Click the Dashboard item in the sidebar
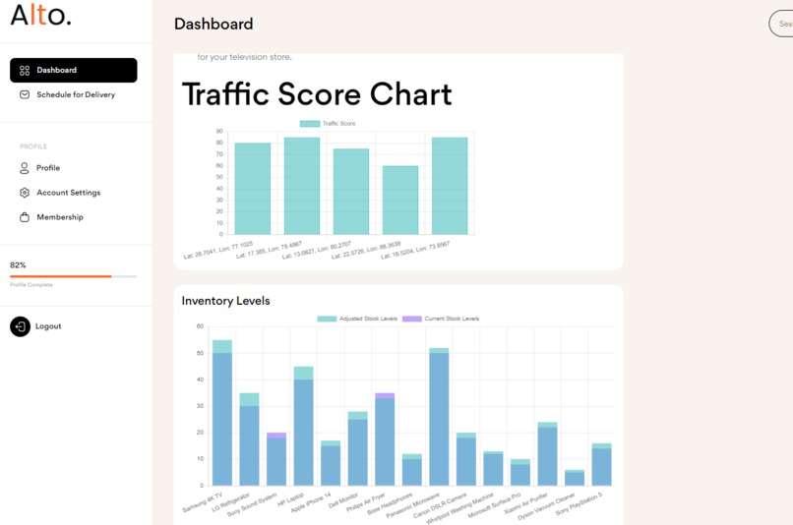pos(73,70)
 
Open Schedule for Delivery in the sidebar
pos(75,94)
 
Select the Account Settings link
pos(68,193)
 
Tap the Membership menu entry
pos(59,217)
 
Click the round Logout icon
pos(20,326)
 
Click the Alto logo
pos(40,16)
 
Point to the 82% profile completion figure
pos(18,265)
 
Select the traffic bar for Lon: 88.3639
pos(400,200)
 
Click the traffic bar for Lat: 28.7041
pos(252,189)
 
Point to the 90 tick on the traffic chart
pos(218,131)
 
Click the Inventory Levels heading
pos(225,301)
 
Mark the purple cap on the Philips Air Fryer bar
pos(385,395)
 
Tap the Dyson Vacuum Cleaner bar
pos(575,479)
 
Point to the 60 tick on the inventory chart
pos(200,326)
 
